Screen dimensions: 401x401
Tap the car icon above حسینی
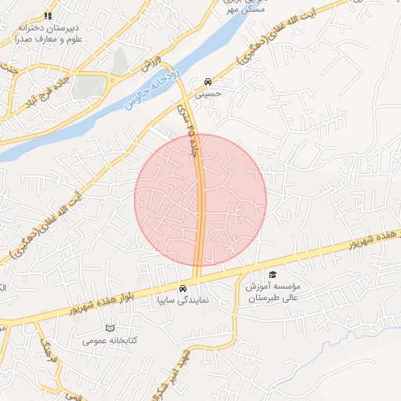point(208,81)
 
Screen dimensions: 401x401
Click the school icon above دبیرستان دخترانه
point(48,16)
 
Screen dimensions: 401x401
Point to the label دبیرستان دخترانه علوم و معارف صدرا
point(48,31)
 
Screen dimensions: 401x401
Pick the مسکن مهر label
point(241,9)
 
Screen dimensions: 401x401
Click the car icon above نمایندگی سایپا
point(183,287)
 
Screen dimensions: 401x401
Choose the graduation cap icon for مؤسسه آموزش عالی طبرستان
point(273,274)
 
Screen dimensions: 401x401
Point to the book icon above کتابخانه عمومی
point(110,327)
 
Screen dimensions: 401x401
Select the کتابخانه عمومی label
point(110,340)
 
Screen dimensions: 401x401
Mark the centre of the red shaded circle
point(200,200)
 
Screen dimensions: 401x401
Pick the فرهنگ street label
point(45,345)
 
